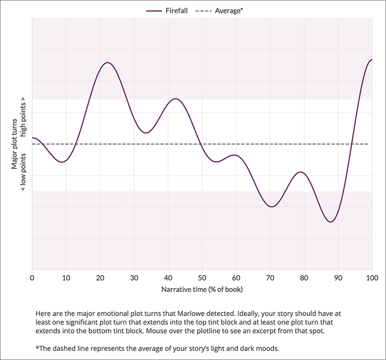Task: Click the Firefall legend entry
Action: [x=166, y=10]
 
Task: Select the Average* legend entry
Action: [x=219, y=10]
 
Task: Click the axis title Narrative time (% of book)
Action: [x=202, y=290]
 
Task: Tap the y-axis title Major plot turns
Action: [x=15, y=143]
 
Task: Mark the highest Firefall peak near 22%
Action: [x=107, y=63]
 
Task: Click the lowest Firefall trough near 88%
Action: [x=331, y=222]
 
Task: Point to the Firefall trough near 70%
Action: [x=272, y=207]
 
